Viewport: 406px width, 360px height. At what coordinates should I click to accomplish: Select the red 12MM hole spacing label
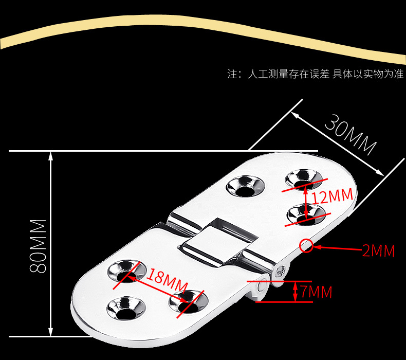(x=332, y=196)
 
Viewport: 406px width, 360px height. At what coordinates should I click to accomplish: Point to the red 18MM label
(x=166, y=280)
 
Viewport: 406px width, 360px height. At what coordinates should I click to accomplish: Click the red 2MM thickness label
(x=378, y=251)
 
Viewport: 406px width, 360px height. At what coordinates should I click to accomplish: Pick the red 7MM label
(x=316, y=292)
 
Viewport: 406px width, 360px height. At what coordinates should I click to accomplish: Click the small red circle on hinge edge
(x=307, y=246)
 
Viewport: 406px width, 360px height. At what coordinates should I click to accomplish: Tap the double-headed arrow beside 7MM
(x=295, y=292)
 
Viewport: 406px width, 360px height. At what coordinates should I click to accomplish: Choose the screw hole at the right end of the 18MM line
(x=187, y=299)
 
